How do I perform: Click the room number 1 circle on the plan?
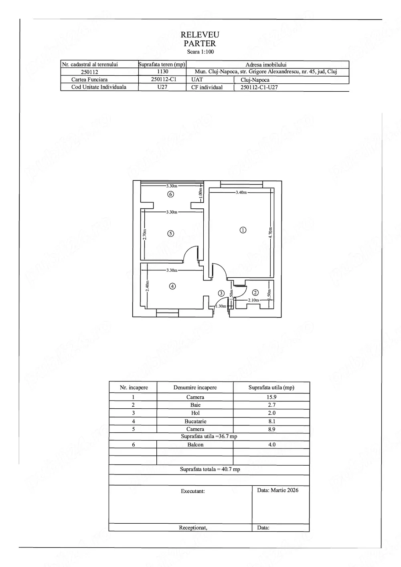pyautogui.click(x=243, y=230)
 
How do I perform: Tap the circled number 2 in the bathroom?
pyautogui.click(x=255, y=293)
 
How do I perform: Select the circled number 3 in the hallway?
pyautogui.click(x=221, y=293)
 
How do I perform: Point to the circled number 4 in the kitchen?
pyautogui.click(x=172, y=286)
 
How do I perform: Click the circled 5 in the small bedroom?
pyautogui.click(x=171, y=234)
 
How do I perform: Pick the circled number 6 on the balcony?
pyautogui.click(x=171, y=194)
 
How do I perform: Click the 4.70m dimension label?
pyautogui.click(x=271, y=232)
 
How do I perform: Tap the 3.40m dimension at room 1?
pyautogui.click(x=241, y=192)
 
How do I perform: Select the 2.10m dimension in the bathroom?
pyautogui.click(x=253, y=300)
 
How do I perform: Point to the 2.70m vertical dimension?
pyautogui.click(x=145, y=234)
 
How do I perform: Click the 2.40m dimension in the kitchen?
pyautogui.click(x=147, y=285)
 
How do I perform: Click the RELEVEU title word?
pyautogui.click(x=200, y=35)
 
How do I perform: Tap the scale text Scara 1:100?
pyautogui.click(x=200, y=52)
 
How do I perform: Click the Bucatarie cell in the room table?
pyautogui.click(x=195, y=421)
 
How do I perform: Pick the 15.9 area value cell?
pyautogui.click(x=271, y=397)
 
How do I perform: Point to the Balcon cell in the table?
pyautogui.click(x=195, y=445)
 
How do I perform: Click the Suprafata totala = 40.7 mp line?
pyautogui.click(x=210, y=469)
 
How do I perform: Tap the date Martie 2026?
pyautogui.click(x=277, y=490)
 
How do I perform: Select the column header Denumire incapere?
pyautogui.click(x=195, y=387)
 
